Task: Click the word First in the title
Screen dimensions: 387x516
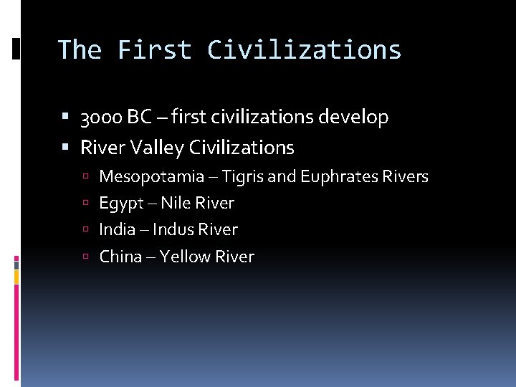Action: coord(155,49)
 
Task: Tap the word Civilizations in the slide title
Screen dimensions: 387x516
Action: coord(304,49)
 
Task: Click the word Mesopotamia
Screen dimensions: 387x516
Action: coord(151,176)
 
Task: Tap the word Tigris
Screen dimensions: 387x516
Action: coord(244,176)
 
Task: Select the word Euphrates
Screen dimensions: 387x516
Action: coord(337,176)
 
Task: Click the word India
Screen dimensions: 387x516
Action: coord(117,230)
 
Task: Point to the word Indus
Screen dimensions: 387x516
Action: coord(173,230)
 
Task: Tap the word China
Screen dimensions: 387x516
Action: coord(120,257)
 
